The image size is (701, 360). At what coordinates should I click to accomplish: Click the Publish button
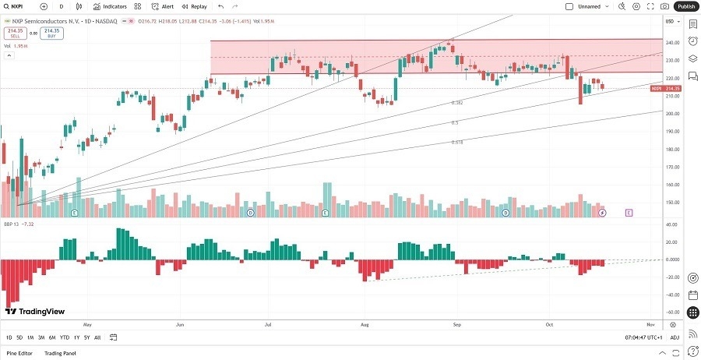click(685, 6)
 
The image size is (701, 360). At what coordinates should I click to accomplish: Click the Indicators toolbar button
click(111, 6)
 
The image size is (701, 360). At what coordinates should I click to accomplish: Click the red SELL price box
click(14, 33)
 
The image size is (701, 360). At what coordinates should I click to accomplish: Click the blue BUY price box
click(51, 33)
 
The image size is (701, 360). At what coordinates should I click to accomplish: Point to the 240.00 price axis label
click(672, 42)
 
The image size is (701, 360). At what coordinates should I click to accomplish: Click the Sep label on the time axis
click(457, 323)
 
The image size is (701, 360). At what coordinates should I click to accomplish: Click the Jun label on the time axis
click(180, 323)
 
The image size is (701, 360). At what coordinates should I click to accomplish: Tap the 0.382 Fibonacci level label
click(457, 103)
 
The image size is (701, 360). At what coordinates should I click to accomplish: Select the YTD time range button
click(64, 337)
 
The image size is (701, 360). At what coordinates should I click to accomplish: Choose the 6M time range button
click(52, 337)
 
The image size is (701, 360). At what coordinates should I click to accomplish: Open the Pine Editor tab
click(20, 353)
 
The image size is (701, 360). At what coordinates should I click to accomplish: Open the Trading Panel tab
click(61, 353)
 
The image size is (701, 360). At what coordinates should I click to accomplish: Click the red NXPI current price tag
click(665, 89)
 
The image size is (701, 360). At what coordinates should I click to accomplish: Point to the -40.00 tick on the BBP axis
click(672, 295)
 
